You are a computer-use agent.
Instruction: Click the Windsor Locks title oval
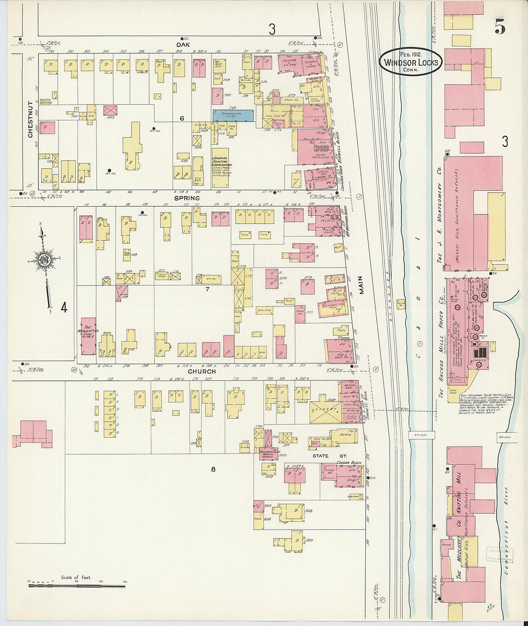point(410,62)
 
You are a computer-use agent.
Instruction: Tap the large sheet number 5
point(499,28)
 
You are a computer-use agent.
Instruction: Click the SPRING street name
point(187,198)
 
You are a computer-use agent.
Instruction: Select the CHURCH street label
point(201,371)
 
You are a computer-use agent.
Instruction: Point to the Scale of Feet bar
point(76,586)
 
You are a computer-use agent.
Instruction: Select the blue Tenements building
point(233,115)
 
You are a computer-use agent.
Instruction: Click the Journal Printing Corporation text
point(220,165)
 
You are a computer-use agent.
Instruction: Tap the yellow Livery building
point(325,412)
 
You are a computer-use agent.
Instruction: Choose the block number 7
point(207,289)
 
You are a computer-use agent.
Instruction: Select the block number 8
point(213,469)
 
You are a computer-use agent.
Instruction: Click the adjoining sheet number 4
point(64,307)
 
